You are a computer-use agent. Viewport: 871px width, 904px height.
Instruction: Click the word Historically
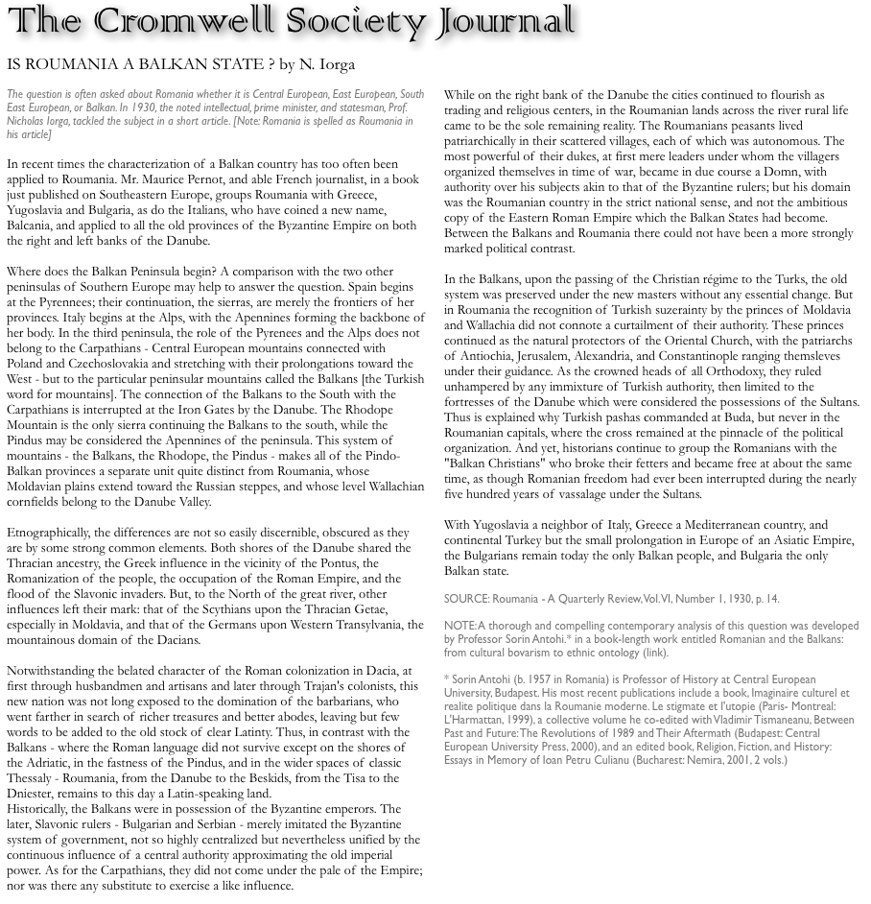click(41, 809)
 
